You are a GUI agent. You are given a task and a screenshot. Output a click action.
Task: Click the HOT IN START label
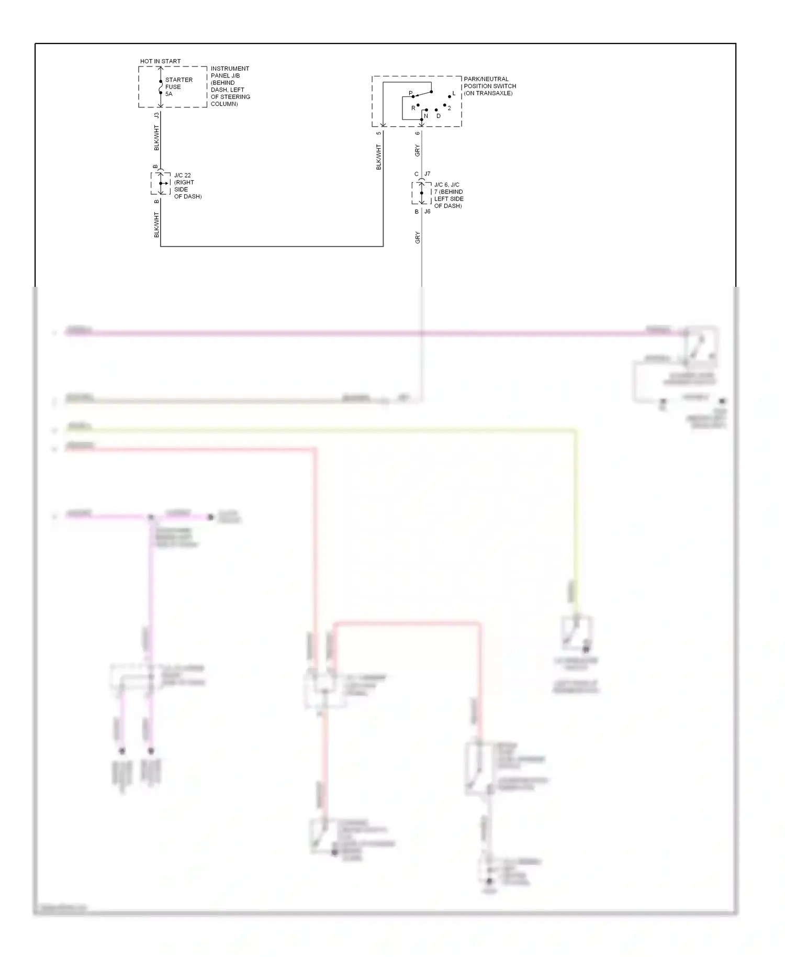pyautogui.click(x=160, y=61)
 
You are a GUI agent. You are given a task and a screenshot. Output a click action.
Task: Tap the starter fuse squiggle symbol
pyautogui.click(x=161, y=87)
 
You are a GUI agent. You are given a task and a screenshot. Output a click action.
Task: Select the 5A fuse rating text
pyautogui.click(x=169, y=94)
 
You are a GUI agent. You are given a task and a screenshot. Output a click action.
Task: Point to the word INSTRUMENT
pyautogui.click(x=230, y=69)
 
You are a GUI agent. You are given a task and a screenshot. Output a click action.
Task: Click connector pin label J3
pyautogui.click(x=156, y=115)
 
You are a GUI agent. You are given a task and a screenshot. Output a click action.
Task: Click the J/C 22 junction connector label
pyautogui.click(x=183, y=175)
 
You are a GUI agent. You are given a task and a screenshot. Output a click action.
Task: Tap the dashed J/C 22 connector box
pyautogui.click(x=161, y=183)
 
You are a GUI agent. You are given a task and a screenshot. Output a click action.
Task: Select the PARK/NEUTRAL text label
pyautogui.click(x=486, y=79)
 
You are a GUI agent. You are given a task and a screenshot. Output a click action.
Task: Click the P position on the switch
pyautogui.click(x=411, y=94)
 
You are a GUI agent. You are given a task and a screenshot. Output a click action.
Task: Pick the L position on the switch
pyautogui.click(x=454, y=94)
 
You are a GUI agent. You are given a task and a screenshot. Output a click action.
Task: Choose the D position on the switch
pyautogui.click(x=439, y=116)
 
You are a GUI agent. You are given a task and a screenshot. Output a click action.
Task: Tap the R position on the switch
pyautogui.click(x=413, y=108)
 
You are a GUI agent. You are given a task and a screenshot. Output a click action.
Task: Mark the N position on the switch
pyautogui.click(x=426, y=116)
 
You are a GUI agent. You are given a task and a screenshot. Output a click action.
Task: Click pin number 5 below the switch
pyautogui.click(x=379, y=133)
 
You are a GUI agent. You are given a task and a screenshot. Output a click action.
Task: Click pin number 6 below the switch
pyautogui.click(x=417, y=133)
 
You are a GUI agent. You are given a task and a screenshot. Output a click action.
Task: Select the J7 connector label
pyautogui.click(x=428, y=174)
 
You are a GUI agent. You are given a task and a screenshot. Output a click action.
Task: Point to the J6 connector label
pyautogui.click(x=428, y=212)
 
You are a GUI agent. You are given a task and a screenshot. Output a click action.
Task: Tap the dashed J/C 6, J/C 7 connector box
pyautogui.click(x=421, y=193)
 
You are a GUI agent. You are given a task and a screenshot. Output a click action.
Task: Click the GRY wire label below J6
pyautogui.click(x=418, y=238)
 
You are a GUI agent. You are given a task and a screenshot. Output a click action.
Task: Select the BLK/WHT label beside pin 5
pyautogui.click(x=379, y=157)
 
